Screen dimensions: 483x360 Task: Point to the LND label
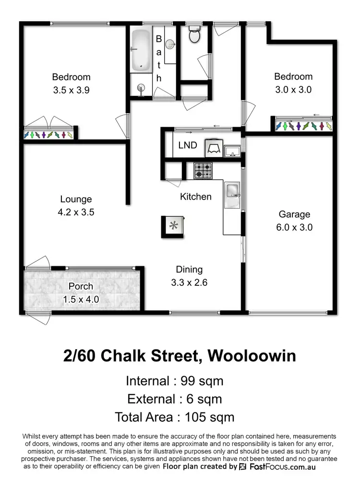pos(187,145)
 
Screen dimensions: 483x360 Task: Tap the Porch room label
pos(81,286)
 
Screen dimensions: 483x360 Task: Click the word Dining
pos(189,270)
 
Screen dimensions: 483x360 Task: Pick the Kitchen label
pos(195,196)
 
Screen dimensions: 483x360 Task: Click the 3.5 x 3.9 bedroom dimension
pos(71,90)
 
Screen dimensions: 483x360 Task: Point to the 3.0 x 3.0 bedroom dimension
pos(293,89)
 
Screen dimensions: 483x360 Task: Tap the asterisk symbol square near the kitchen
pos(172,225)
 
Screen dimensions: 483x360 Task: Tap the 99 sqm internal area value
pos(202,381)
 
